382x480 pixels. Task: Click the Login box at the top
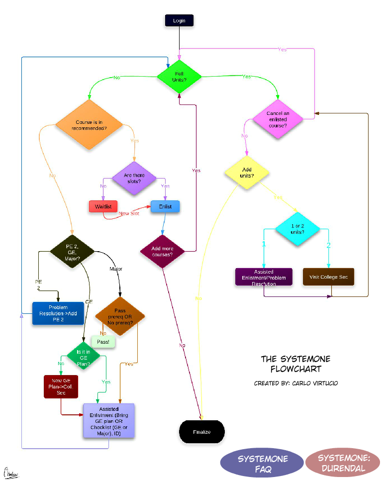(179, 20)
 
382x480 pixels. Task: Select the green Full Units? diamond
(179, 77)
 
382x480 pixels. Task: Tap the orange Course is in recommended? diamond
(89, 125)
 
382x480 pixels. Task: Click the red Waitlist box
(103, 206)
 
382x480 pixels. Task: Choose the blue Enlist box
(165, 206)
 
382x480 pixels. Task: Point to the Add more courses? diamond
(163, 251)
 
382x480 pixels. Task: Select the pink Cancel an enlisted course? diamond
(278, 119)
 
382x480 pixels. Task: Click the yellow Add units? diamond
(247, 173)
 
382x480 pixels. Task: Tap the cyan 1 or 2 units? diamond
(298, 229)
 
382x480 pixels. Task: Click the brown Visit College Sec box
(329, 277)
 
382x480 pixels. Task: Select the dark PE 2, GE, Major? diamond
(72, 252)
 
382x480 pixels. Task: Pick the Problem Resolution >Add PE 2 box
(58, 313)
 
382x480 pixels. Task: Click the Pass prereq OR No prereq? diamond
(120, 314)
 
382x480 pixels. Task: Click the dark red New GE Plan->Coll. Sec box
(61, 386)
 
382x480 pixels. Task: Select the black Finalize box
(202, 431)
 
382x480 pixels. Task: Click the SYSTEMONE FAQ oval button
(262, 463)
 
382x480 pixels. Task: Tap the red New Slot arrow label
(129, 213)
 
